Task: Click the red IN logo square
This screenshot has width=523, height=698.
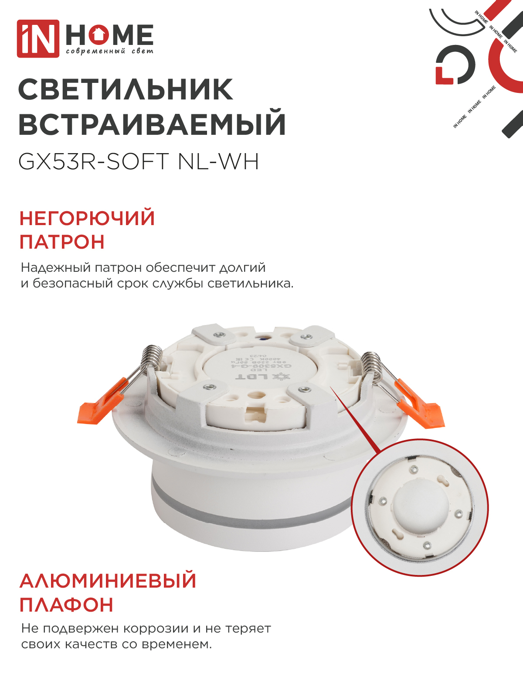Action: pos(38,38)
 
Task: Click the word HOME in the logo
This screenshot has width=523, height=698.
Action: pos(109,34)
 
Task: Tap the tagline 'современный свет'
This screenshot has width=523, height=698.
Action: pos(109,51)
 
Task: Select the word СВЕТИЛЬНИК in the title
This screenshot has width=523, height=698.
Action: pos(126,90)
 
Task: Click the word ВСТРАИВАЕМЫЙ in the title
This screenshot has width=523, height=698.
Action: pos(152,124)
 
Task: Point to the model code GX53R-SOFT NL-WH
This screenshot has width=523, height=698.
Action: pos(139,162)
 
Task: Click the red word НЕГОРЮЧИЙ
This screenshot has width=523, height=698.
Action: pos(87,218)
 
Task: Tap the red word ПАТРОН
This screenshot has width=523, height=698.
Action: pos(62,242)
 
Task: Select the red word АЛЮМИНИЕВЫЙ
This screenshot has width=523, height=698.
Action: pos(108,581)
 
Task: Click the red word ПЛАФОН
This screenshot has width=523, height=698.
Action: pos(67,605)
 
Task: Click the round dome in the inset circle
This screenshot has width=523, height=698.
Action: pos(418,506)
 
